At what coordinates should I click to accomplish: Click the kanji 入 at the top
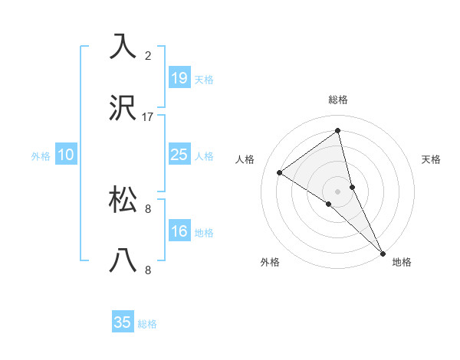pyautogui.click(x=123, y=47)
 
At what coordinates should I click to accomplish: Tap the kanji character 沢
pyautogui.click(x=123, y=109)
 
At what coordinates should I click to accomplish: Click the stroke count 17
pyautogui.click(x=148, y=117)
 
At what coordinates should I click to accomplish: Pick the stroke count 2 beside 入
pyautogui.click(x=148, y=56)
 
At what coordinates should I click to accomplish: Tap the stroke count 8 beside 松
pyautogui.click(x=148, y=208)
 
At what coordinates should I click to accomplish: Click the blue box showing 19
pyautogui.click(x=179, y=78)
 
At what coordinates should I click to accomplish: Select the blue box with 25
pyautogui.click(x=179, y=155)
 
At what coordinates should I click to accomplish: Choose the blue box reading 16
pyautogui.click(x=179, y=231)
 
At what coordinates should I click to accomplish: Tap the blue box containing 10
pyautogui.click(x=66, y=155)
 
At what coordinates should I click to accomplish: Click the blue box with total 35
pyautogui.click(x=123, y=322)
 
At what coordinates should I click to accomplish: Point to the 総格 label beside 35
pyautogui.click(x=147, y=324)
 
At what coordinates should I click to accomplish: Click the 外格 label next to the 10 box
pyautogui.click(x=41, y=156)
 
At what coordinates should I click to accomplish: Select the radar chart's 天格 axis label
pyautogui.click(x=432, y=159)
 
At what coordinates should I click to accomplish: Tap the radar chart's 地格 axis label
pyautogui.click(x=402, y=262)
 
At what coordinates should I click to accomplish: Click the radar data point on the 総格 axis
pyautogui.click(x=337, y=131)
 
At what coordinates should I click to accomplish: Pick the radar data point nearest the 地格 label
pyautogui.click(x=383, y=253)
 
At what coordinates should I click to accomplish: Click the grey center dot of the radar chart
pyautogui.click(x=337, y=191)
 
